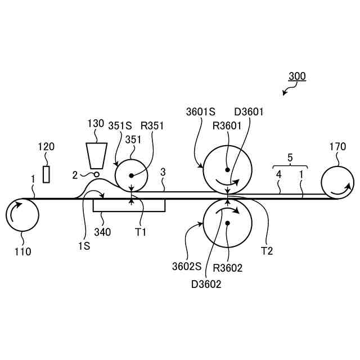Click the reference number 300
pos(297,76)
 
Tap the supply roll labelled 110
pos(22,215)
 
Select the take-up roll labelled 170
pos(337,183)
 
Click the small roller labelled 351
pos(131,175)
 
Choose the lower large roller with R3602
pos(227,223)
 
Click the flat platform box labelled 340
pos(129,205)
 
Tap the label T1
pos(141,231)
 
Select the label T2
pos(267,251)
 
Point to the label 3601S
pos(201,112)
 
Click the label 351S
pos(120,126)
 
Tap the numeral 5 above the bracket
pos(290,158)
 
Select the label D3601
pos(249,112)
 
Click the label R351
pos(152,126)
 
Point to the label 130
pos(96,123)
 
